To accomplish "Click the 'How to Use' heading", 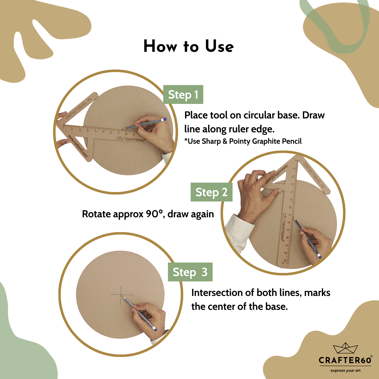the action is (189, 46).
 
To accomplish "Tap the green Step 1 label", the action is (183, 94).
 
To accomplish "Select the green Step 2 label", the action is (211, 192).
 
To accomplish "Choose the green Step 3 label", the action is (190, 272).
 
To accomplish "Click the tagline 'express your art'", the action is (346, 370).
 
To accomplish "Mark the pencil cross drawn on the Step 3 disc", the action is (121, 295).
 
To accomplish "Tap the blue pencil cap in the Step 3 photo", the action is (155, 329).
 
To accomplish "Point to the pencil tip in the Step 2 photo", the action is (293, 217).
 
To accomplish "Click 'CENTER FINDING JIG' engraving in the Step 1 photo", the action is (78, 109).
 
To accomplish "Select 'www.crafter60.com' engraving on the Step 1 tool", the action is (77, 146).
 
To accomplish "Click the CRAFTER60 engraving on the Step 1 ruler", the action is (130, 139).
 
